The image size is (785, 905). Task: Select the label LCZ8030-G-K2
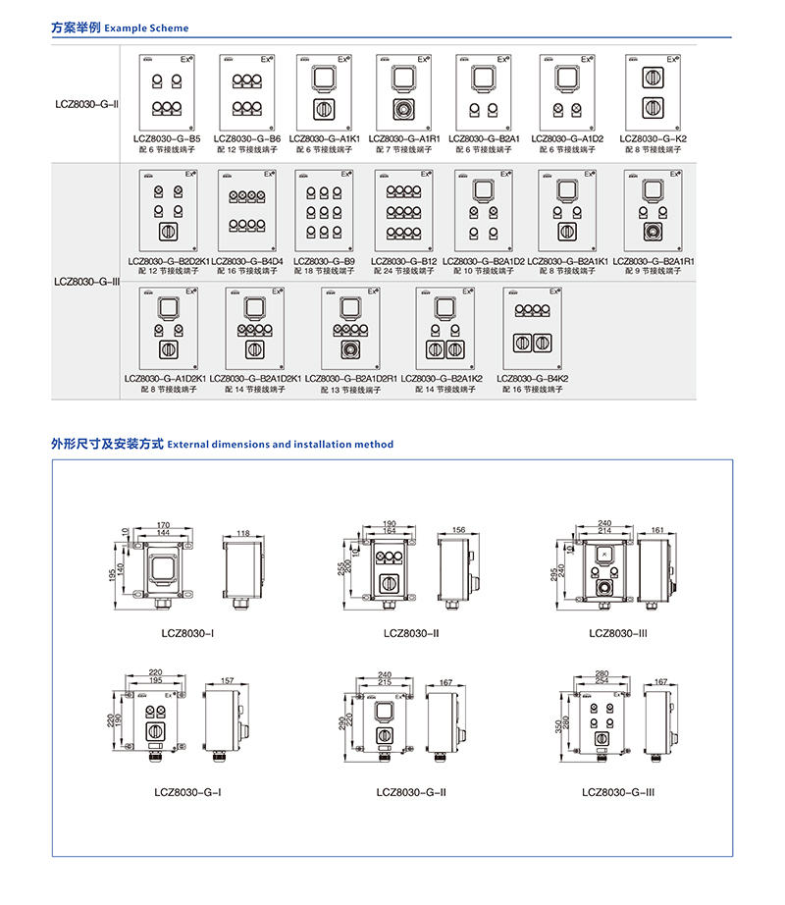653,139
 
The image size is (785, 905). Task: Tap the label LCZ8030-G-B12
402,261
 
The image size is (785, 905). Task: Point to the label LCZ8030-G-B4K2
532,379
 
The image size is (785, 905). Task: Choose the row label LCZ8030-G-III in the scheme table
85,280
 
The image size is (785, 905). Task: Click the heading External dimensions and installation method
281,445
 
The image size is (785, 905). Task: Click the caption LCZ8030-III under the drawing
618,633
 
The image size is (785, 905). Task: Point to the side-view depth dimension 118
242,533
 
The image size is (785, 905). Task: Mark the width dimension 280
602,673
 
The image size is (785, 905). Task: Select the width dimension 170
163,525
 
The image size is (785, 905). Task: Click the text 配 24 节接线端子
402,271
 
